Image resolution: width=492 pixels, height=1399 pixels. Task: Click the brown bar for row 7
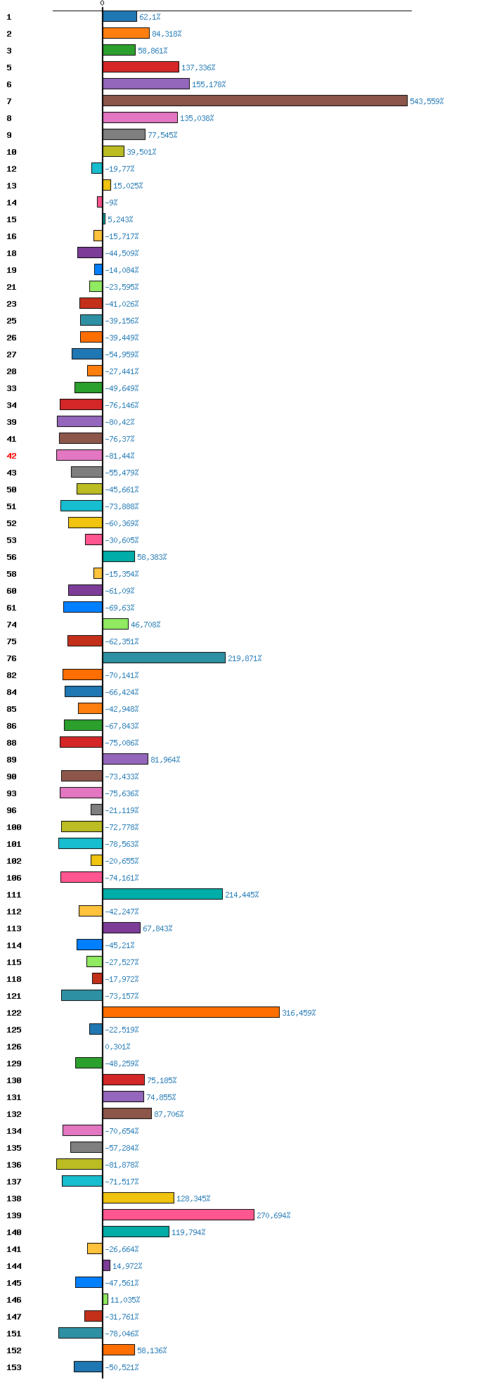point(254,101)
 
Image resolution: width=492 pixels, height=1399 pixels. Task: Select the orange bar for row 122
point(190,1012)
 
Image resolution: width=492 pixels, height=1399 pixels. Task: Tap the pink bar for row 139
point(178,1215)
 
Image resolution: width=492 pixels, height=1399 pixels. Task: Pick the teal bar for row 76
point(164,658)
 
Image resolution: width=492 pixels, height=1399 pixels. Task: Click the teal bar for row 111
point(162,894)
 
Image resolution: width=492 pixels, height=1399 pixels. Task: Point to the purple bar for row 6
point(145,84)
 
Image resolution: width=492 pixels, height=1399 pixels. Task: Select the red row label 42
point(11,456)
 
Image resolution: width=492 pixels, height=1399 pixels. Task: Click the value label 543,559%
point(427,101)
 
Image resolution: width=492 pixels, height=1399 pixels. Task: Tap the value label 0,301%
point(117,1047)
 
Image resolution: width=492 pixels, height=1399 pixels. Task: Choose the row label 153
point(14,1367)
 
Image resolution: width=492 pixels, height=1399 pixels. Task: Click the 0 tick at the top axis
point(102,4)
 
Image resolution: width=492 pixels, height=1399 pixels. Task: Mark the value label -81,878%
point(122,1165)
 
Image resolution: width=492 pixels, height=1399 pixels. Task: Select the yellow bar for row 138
point(138,1198)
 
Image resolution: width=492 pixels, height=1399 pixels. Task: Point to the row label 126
point(14,1047)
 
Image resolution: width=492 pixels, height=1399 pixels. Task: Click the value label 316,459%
point(299,1013)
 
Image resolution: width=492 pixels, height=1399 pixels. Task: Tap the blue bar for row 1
point(119,16)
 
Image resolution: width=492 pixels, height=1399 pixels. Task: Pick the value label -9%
point(111,203)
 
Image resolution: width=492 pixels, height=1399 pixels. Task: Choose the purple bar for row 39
point(79,421)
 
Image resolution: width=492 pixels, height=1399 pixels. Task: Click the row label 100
point(14,827)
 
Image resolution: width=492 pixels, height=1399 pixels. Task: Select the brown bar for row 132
point(127,1113)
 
